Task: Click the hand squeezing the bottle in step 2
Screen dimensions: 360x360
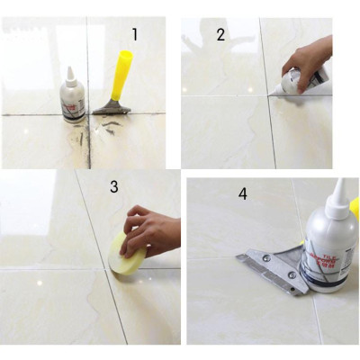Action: pyautogui.click(x=310, y=58)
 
